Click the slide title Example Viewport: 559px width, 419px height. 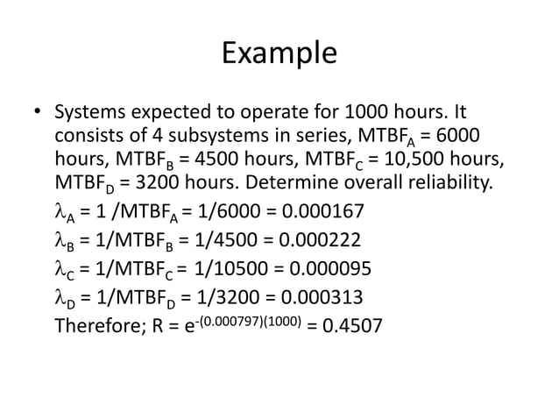(x=279, y=53)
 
